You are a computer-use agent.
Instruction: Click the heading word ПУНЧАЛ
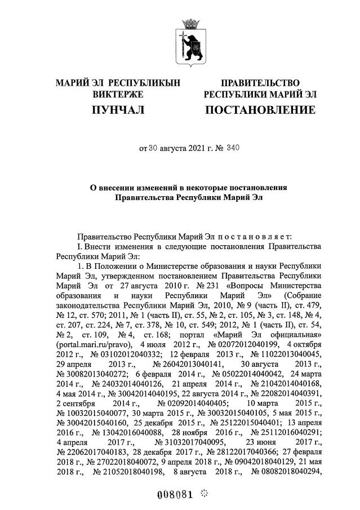(x=118, y=109)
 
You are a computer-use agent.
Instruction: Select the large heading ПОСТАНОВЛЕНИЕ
(x=260, y=109)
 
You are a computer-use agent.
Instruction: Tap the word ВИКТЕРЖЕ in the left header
(x=118, y=94)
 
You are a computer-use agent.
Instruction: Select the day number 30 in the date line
(x=154, y=149)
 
